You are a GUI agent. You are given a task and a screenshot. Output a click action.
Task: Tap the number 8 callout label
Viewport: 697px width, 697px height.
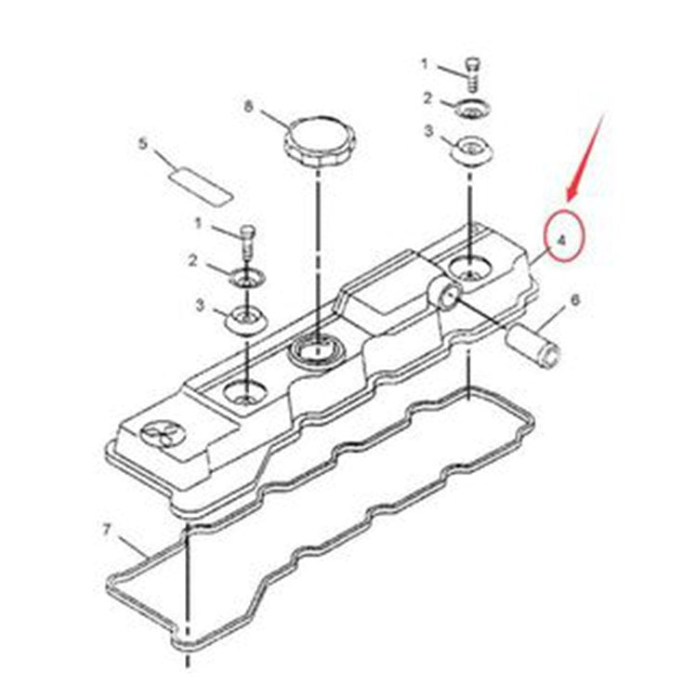[x=248, y=106]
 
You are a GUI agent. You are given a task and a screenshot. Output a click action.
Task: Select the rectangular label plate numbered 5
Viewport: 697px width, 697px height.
[x=200, y=185]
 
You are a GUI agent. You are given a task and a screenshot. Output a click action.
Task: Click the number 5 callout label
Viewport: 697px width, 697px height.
[x=142, y=144]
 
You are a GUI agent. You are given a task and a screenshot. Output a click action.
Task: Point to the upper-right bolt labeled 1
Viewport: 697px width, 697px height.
[x=473, y=73]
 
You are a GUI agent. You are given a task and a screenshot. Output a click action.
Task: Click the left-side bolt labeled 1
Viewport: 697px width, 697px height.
[x=248, y=243]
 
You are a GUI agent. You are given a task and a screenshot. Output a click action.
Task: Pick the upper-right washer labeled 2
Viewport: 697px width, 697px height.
[x=472, y=108]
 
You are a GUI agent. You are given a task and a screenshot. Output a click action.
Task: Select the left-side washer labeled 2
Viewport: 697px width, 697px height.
[x=247, y=278]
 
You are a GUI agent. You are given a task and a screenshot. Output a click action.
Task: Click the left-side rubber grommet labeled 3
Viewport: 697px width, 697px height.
[x=246, y=320]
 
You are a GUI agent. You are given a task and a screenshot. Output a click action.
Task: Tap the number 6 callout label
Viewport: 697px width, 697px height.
[x=574, y=300]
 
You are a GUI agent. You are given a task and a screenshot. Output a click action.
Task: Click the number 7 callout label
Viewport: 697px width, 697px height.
[x=106, y=530]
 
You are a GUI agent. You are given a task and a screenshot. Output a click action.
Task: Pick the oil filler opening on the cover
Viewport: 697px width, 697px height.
[x=316, y=348]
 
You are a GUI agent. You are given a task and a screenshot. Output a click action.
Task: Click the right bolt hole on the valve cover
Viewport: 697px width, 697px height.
[x=469, y=270]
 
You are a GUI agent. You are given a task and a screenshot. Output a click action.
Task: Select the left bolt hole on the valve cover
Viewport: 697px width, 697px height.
[x=246, y=392]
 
